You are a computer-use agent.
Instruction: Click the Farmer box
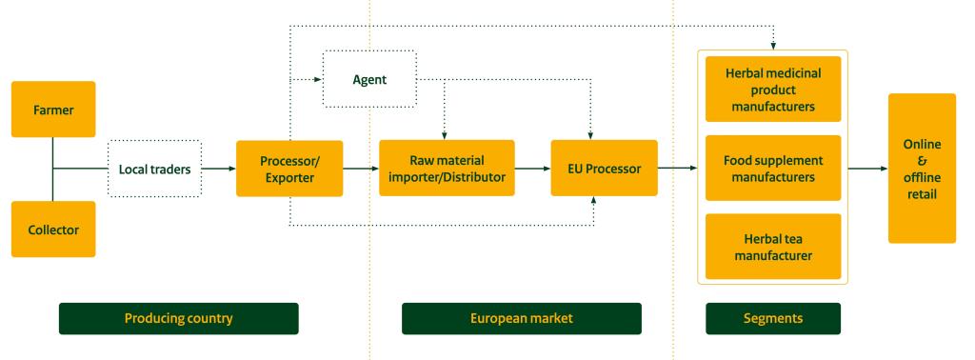(53, 109)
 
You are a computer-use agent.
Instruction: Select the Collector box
(53, 229)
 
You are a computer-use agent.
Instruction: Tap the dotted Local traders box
(154, 169)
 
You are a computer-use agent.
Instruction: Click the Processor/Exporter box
(289, 169)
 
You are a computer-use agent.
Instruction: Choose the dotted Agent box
(370, 79)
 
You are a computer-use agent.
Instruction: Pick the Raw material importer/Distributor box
(447, 169)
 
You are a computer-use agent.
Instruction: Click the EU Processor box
(604, 169)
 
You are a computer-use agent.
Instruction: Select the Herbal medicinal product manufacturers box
(773, 90)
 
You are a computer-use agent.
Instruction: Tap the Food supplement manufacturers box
(773, 169)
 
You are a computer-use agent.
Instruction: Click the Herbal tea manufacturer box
(773, 246)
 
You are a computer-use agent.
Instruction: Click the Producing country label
(178, 318)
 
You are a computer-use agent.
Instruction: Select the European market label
(522, 318)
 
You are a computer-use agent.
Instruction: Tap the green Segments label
(773, 318)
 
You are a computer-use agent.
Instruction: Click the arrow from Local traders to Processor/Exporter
(219, 169)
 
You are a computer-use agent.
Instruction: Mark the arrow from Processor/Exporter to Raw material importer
(361, 169)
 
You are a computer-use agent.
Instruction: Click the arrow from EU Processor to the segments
(677, 169)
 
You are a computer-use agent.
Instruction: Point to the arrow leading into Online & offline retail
(867, 169)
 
